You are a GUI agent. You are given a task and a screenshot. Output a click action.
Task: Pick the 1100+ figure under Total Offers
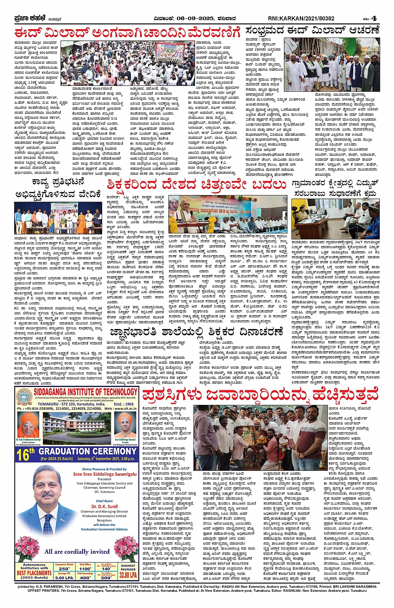(85, 568)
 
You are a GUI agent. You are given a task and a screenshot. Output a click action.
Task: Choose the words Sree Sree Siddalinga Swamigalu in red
(105, 474)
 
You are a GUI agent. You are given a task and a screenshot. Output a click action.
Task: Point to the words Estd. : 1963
(123, 404)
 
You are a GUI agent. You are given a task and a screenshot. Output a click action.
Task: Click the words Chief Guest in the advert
(104, 501)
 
